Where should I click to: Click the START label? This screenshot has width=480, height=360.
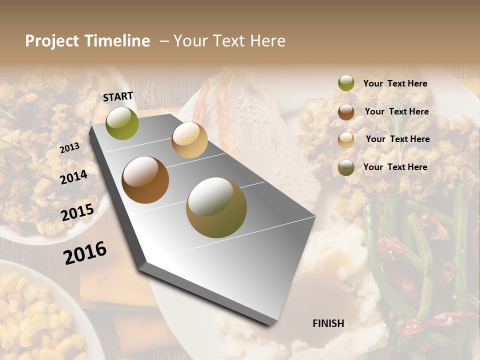pyautogui.click(x=118, y=96)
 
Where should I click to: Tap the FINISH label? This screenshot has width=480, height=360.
pyautogui.click(x=328, y=323)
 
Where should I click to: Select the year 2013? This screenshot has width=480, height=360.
pyautogui.click(x=69, y=147)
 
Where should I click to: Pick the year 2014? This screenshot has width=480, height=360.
pyautogui.click(x=73, y=177)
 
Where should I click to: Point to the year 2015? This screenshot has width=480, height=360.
pyautogui.click(x=77, y=212)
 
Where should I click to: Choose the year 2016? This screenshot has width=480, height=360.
pyautogui.click(x=85, y=252)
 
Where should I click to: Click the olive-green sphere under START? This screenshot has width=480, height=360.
pyautogui.click(x=122, y=123)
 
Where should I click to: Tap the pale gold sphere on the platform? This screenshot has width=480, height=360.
pyautogui.click(x=189, y=140)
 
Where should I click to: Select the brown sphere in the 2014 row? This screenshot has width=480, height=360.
pyautogui.click(x=145, y=180)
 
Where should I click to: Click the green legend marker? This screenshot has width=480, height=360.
pyautogui.click(x=346, y=83)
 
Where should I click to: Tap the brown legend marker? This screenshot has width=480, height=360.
pyautogui.click(x=346, y=112)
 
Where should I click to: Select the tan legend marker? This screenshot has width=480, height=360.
pyautogui.click(x=346, y=140)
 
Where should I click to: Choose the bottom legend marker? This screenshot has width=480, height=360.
pyautogui.click(x=346, y=167)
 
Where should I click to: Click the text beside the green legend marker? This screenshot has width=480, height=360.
pyautogui.click(x=395, y=83)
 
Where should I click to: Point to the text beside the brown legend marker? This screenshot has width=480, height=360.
pyautogui.click(x=396, y=111)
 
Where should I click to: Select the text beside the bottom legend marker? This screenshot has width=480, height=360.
pyautogui.click(x=395, y=167)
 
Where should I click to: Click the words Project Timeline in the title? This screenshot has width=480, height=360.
pyautogui.click(x=87, y=41)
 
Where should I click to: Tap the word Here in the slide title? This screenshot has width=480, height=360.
pyautogui.click(x=267, y=41)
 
